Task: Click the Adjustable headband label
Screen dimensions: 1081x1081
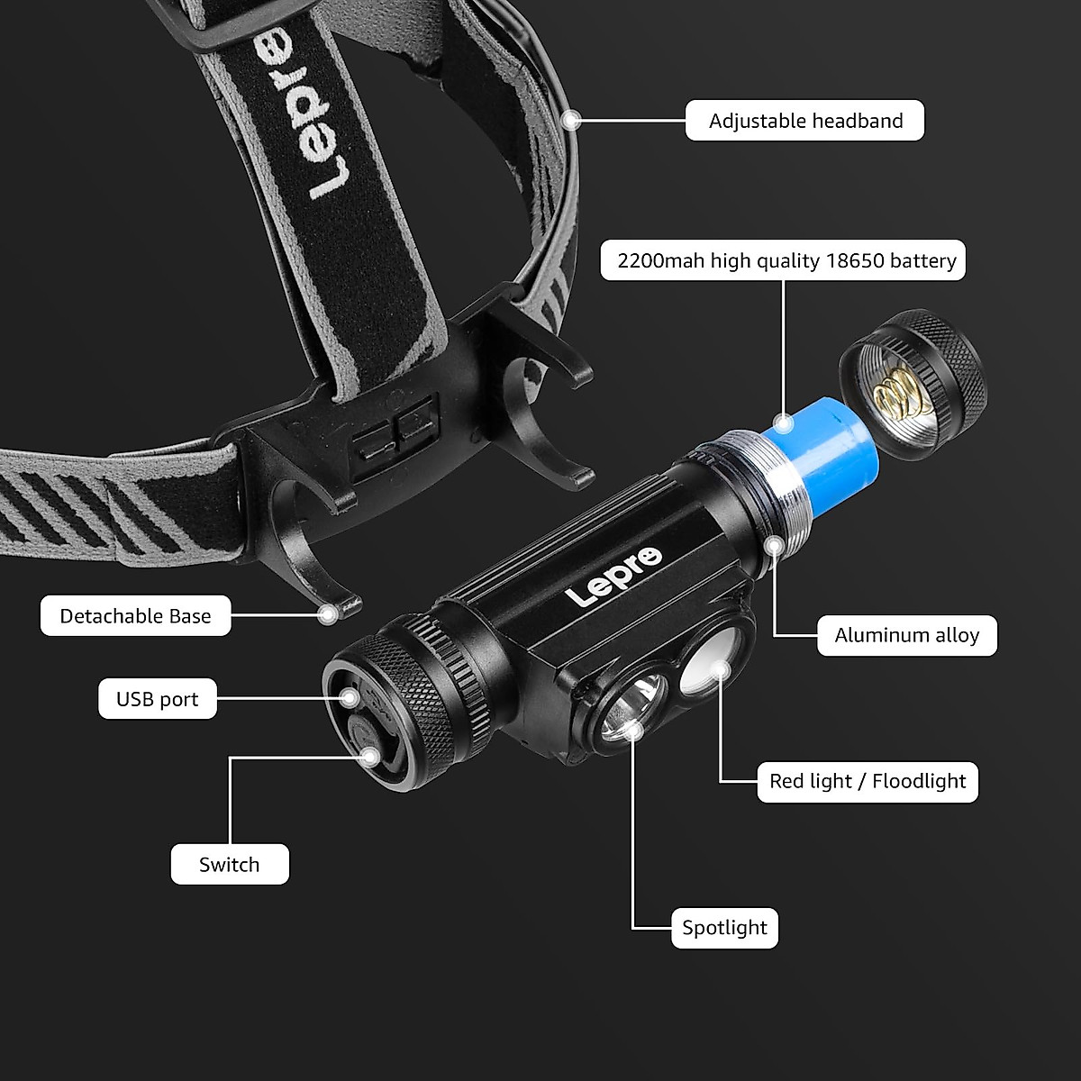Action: coord(804,121)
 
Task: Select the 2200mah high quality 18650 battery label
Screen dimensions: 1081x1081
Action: coord(783,260)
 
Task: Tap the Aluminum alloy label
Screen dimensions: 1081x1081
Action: coord(907,636)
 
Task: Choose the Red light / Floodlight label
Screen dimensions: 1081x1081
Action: coord(868,782)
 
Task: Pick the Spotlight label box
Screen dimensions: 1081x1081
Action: coord(724,929)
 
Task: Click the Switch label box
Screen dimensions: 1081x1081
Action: coord(230,865)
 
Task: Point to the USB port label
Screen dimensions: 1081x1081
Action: coord(158,699)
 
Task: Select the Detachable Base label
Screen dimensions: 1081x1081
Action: coord(135,616)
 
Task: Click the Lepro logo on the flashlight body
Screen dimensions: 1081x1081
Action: coord(614,577)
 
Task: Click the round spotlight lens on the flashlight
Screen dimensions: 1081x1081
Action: coord(632,708)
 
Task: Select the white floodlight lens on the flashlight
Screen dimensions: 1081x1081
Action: coord(710,662)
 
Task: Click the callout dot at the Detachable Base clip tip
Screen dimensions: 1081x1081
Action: coord(328,615)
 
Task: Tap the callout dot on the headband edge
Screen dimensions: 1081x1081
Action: coord(571,120)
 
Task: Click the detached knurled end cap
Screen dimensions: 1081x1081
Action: coord(911,385)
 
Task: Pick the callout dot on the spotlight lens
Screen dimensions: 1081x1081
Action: coord(632,730)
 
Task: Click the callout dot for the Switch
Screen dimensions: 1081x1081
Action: coord(369,758)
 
